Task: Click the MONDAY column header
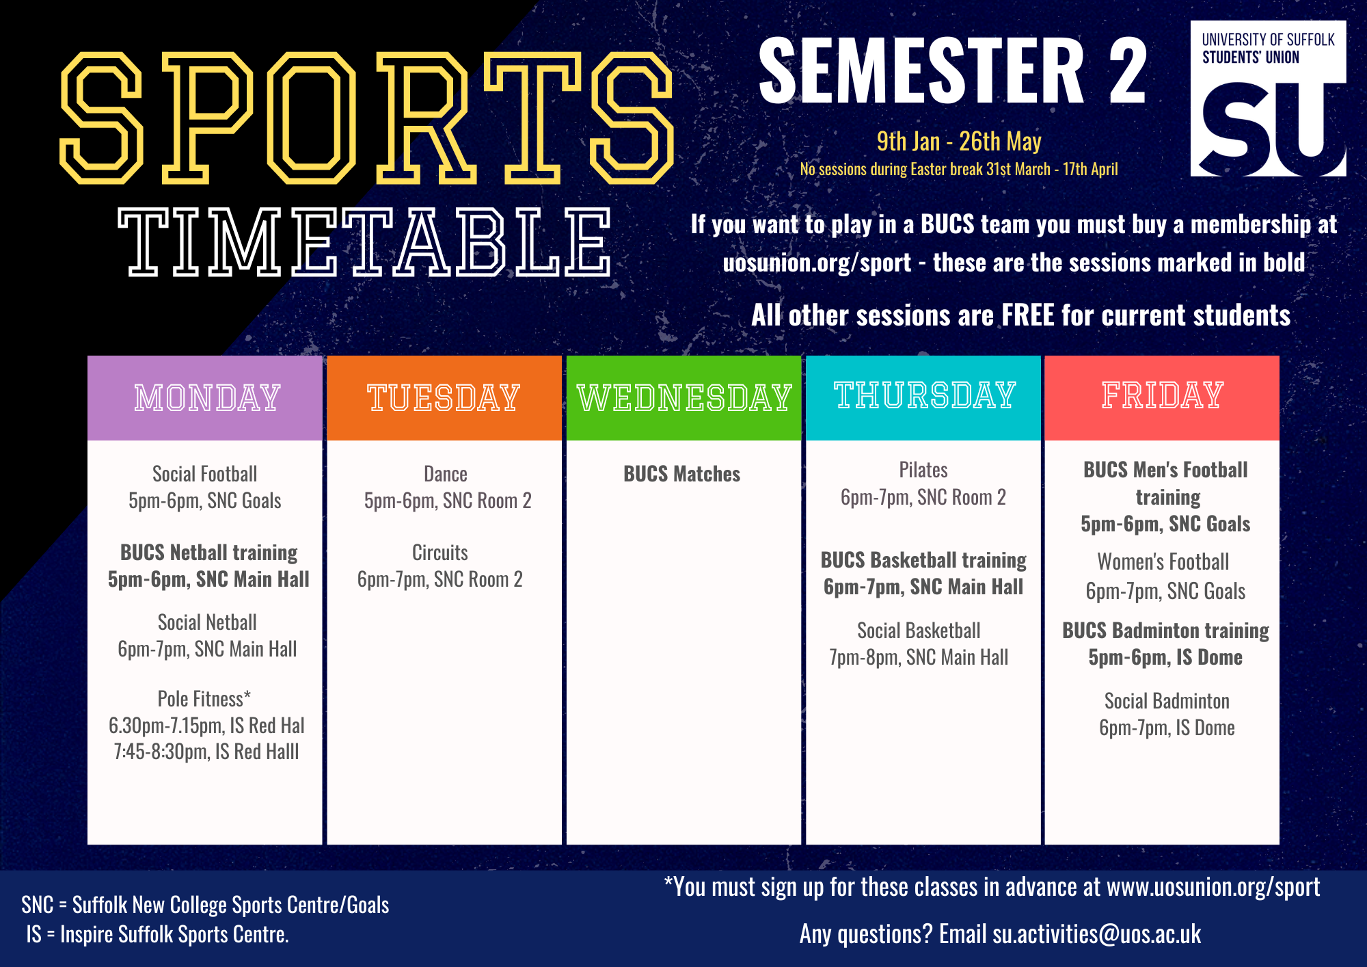(x=207, y=397)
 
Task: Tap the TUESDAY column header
(x=444, y=397)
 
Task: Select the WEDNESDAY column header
(x=684, y=397)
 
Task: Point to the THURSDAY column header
(x=925, y=395)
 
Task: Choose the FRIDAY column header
(x=1162, y=395)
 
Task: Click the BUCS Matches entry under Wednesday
(x=681, y=474)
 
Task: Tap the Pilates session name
(x=923, y=470)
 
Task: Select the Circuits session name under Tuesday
(x=440, y=553)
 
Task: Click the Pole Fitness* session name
(x=204, y=699)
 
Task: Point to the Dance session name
(x=446, y=474)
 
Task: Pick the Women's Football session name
(x=1163, y=561)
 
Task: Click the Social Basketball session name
(x=919, y=631)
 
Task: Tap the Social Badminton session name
(x=1167, y=701)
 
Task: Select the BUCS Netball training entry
(x=208, y=553)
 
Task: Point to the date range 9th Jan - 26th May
(x=959, y=142)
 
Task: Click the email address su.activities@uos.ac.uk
(x=1097, y=934)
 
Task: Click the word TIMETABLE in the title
(x=364, y=242)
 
